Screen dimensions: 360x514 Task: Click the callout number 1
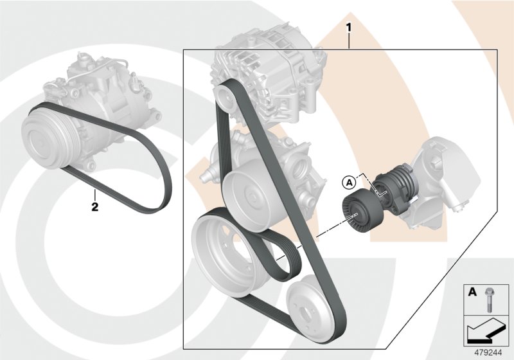tap(348, 28)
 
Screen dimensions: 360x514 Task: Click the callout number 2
tap(94, 207)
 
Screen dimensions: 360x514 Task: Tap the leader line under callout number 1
tap(348, 41)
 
